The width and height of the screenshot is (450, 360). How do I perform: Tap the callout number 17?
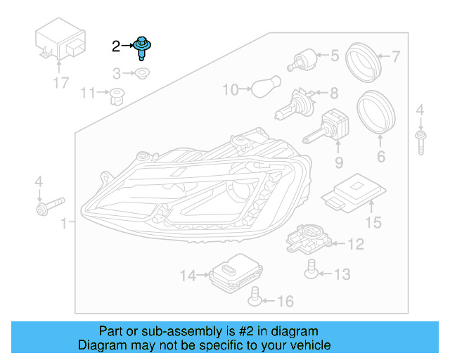pyautogui.click(x=61, y=83)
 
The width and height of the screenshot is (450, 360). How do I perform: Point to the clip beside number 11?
pyautogui.click(x=115, y=94)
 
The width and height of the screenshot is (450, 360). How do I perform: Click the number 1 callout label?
pyautogui.click(x=65, y=224)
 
